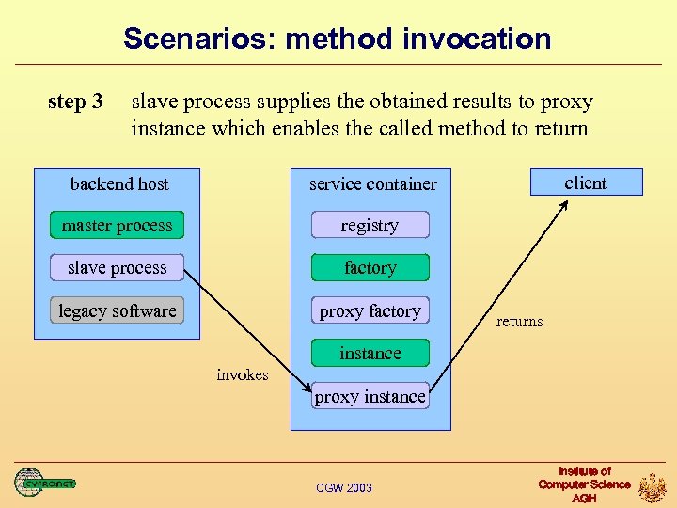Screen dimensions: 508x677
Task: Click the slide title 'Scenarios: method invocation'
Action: coord(338,39)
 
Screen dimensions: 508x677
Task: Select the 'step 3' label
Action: coord(75,101)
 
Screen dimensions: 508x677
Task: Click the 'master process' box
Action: coord(117,226)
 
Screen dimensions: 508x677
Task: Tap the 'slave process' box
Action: coord(117,268)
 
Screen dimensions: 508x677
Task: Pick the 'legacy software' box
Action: coord(117,310)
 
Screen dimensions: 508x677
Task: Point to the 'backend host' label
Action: coord(119,183)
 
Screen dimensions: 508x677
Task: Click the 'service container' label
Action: coord(372,183)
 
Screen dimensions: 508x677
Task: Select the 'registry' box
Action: coord(370,226)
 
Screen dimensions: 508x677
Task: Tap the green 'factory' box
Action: coord(370,268)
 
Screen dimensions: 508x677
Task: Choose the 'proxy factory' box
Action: coord(370,310)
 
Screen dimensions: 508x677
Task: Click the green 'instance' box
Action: coord(370,354)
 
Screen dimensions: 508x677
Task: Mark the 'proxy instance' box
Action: coord(370,396)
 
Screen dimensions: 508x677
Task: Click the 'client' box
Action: coord(586,183)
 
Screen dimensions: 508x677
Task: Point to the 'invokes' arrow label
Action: coord(242,374)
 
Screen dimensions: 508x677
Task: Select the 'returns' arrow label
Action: coord(519,322)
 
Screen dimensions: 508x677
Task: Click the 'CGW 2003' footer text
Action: coord(344,487)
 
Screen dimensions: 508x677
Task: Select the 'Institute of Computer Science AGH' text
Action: coord(584,484)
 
